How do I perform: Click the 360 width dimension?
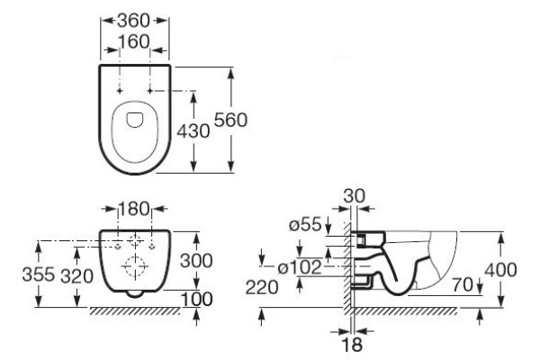pos(133,21)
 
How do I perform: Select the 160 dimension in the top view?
pos(134,42)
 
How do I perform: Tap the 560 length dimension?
pos(230,120)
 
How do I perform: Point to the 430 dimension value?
pos(193,130)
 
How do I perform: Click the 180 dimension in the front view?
pos(134,209)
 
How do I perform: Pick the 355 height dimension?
pos(39,274)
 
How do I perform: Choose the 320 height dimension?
pos(76,276)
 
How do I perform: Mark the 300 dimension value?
pos(196,261)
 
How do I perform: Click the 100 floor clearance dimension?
pos(196,300)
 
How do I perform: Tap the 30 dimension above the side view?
pos(354,196)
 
